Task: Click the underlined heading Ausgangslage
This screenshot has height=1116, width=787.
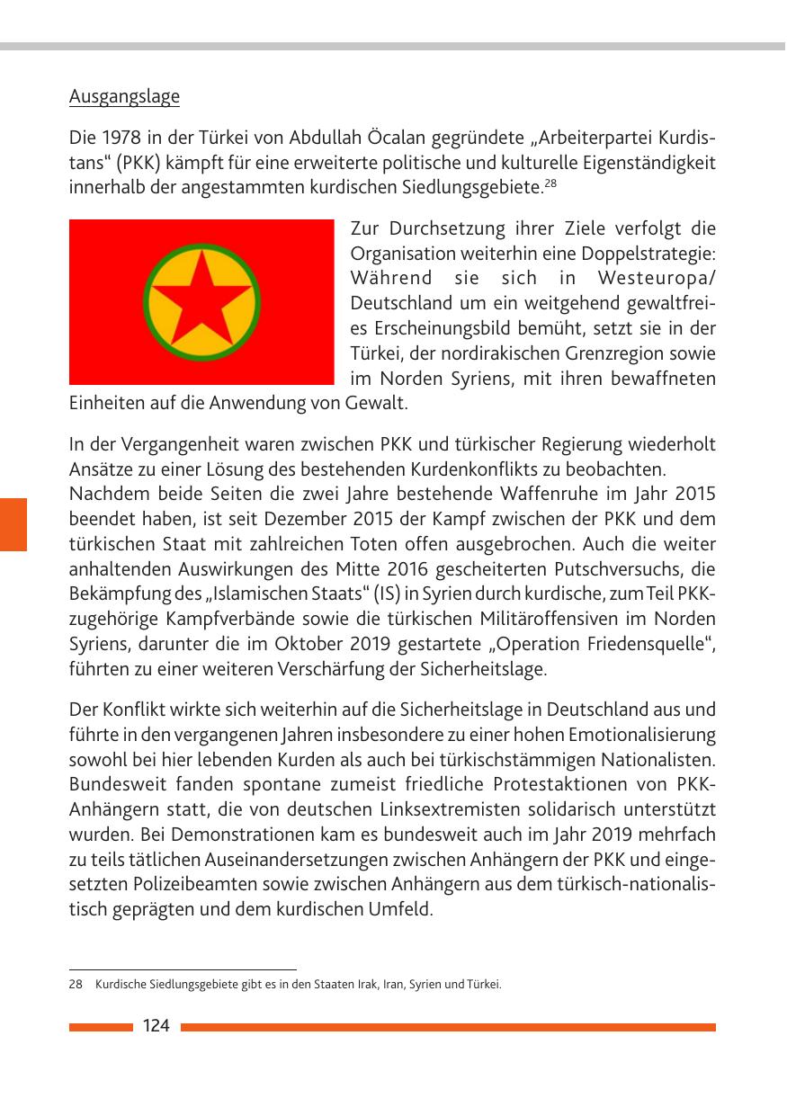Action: (124, 97)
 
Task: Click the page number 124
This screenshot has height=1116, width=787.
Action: (156, 1026)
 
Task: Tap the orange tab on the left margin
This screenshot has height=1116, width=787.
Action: (13, 524)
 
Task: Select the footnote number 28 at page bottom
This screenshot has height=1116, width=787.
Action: (76, 985)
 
